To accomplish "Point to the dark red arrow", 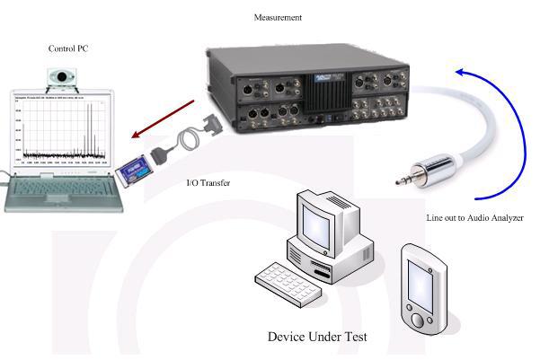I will point(165,112).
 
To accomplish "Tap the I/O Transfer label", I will point(208,183).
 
